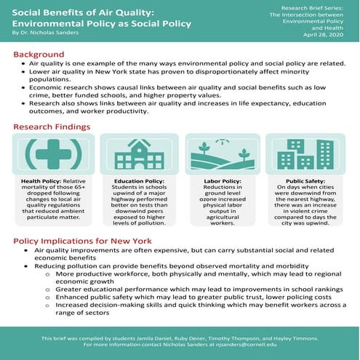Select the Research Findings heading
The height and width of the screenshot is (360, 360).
pyautogui.click(x=52, y=127)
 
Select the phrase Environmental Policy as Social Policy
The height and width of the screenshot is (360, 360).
pyautogui.click(x=102, y=23)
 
